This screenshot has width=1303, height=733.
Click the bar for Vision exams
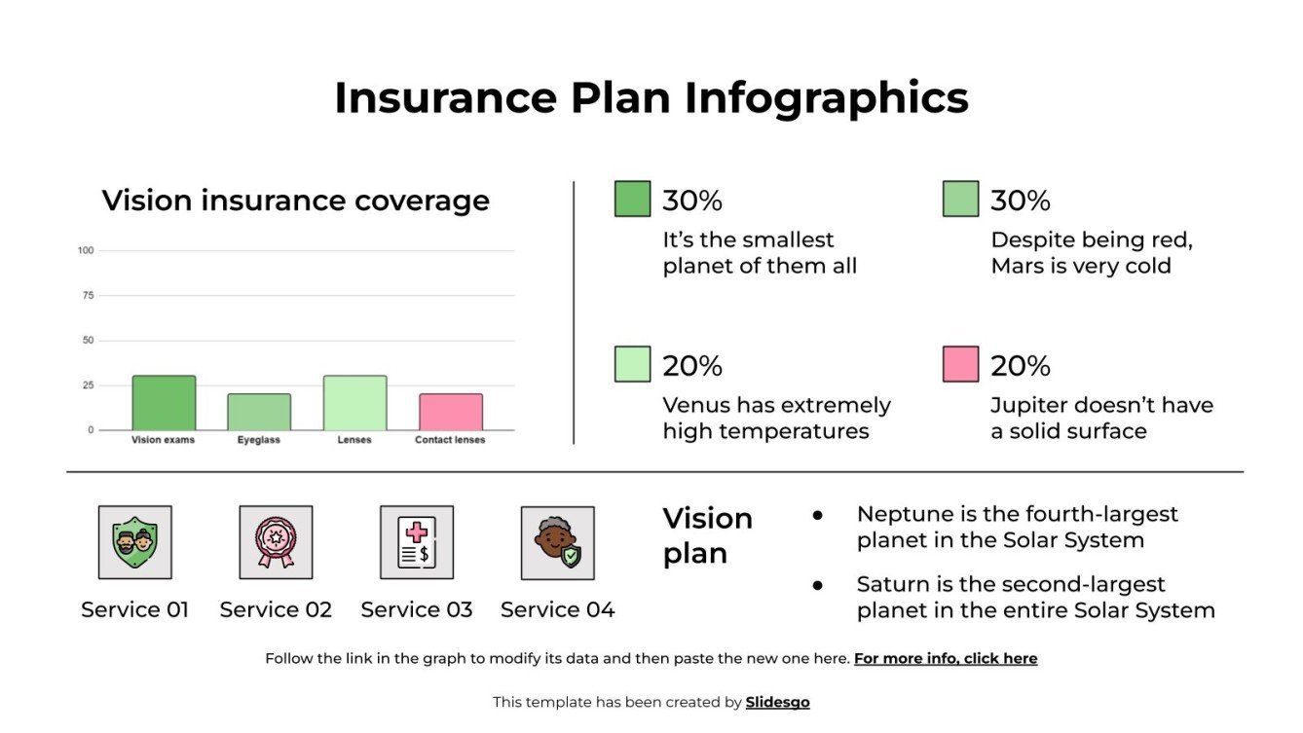[164, 403]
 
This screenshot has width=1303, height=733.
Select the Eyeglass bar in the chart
[259, 412]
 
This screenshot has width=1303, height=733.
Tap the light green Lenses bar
[354, 403]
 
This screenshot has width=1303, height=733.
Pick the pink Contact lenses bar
[450, 412]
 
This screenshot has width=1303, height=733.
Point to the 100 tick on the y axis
[86, 251]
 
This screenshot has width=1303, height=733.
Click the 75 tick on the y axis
[88, 296]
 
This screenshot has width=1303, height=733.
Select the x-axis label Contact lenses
[450, 440]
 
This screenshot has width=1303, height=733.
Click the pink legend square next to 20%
[960, 364]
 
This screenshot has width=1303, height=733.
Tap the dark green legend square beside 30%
[632, 199]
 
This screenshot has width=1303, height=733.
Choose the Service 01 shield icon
[134, 542]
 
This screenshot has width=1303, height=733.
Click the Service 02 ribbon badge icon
[276, 542]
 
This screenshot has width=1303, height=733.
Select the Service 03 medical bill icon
[417, 542]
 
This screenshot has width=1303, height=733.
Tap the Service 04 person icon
[557, 542]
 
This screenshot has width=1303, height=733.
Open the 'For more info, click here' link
[945, 659]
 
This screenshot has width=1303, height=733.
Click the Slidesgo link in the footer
[777, 702]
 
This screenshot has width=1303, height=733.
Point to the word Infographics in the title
[826, 98]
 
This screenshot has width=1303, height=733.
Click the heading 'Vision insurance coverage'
[296, 201]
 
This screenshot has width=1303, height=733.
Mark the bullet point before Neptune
[817, 515]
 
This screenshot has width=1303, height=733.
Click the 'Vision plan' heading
[707, 535]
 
